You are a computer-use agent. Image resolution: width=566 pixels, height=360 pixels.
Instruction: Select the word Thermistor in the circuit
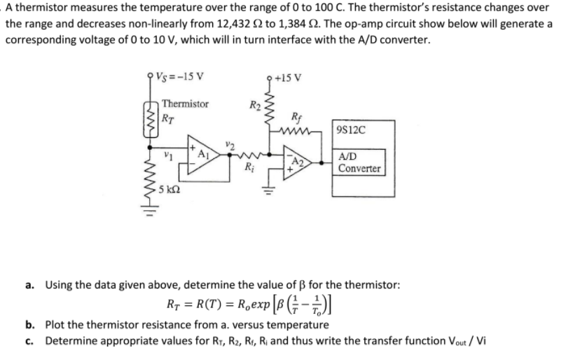(x=185, y=104)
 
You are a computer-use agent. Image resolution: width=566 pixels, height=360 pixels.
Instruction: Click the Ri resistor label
(x=250, y=167)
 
